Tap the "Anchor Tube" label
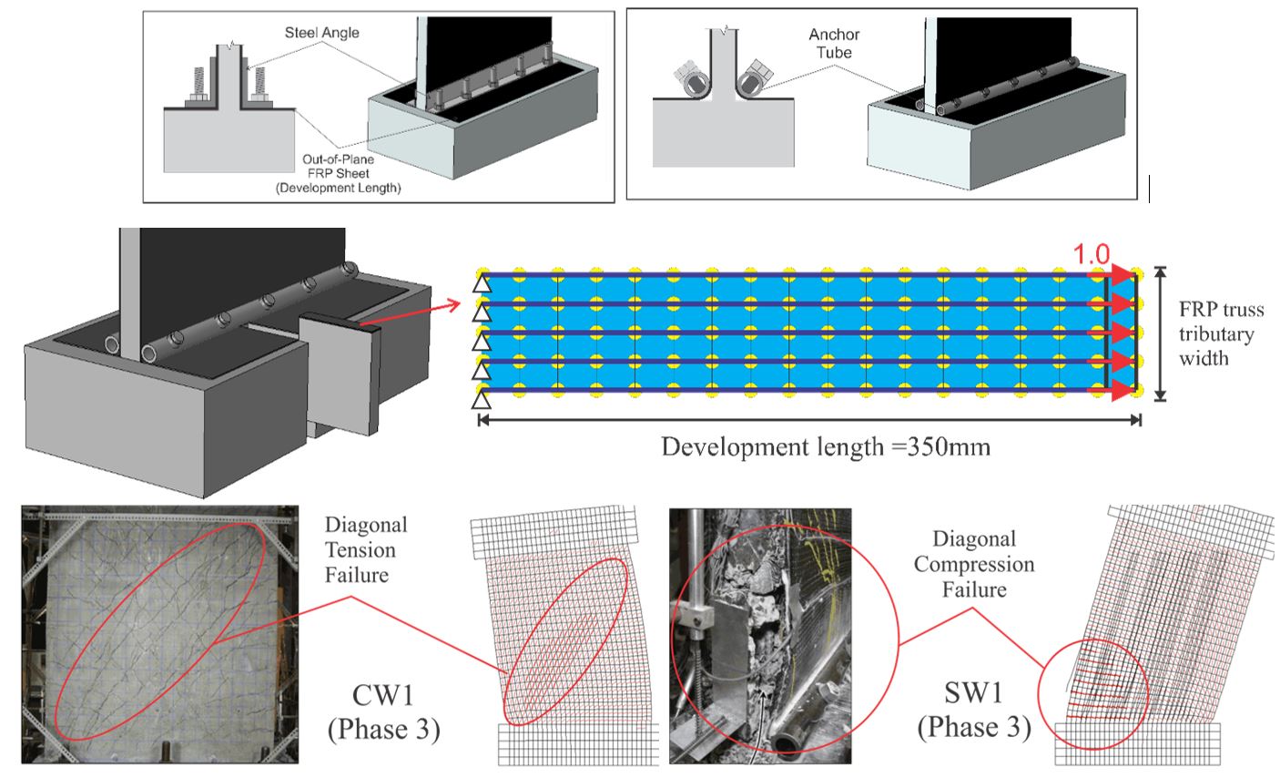(834, 44)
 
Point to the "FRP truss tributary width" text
(1221, 333)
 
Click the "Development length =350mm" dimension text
(825, 447)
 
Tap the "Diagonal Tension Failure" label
(366, 550)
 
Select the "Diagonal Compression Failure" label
(973, 565)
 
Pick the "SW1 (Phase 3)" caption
(974, 711)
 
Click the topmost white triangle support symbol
(481, 286)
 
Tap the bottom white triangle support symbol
(481, 399)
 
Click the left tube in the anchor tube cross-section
(693, 80)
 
